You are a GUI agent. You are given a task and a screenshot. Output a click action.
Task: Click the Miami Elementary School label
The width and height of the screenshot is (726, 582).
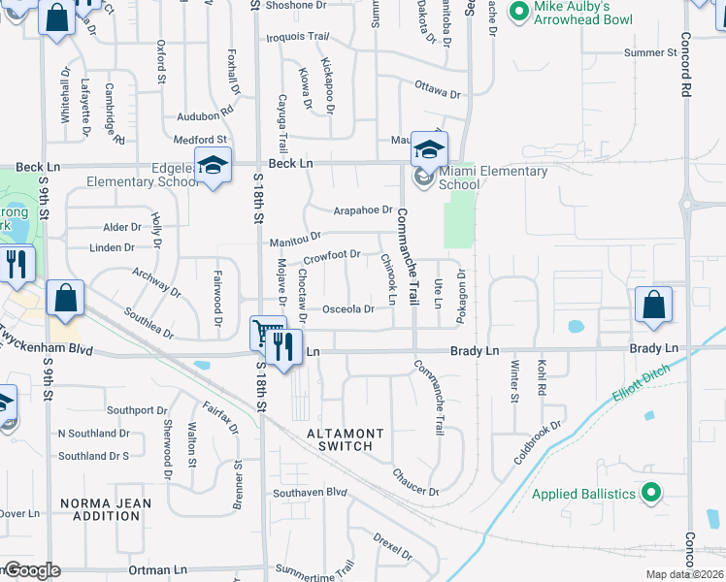493,178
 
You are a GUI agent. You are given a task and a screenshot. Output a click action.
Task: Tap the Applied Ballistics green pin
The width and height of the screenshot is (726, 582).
652,494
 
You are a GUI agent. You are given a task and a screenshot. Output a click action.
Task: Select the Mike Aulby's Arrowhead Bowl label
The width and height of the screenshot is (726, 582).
583,13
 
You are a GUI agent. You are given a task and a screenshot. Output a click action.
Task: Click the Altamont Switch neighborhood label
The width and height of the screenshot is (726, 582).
345,439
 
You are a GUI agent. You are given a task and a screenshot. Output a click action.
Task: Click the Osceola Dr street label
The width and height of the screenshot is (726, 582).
347,309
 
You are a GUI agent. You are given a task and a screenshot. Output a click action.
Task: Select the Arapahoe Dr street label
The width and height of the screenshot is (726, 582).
362,210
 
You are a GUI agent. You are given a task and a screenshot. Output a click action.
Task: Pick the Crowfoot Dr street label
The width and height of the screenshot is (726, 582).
331,256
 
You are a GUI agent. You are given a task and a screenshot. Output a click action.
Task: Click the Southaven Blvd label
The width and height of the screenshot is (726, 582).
310,492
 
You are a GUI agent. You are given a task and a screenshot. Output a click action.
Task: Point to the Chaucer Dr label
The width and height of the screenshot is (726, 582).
415,482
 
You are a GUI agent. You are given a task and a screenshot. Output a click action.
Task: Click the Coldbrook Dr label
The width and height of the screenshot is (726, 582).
540,441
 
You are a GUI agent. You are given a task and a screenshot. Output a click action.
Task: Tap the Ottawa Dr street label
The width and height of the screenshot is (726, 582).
437,92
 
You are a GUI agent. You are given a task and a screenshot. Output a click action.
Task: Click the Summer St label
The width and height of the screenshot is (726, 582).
650,52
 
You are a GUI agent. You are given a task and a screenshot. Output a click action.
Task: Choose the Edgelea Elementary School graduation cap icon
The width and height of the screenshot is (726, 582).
213,166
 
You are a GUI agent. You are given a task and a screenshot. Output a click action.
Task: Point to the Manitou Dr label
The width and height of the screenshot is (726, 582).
295,239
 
